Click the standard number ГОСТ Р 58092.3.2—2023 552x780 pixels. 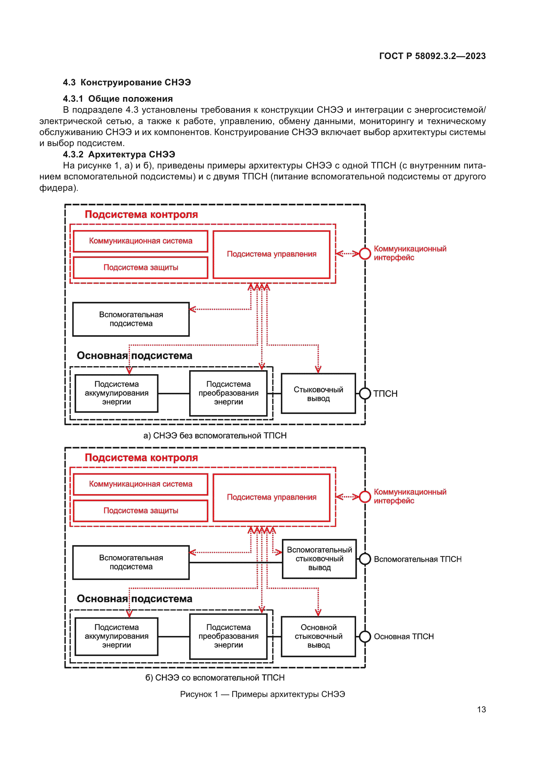[432, 56]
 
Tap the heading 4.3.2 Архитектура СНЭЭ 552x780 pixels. [118, 154]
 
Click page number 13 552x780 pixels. [481, 709]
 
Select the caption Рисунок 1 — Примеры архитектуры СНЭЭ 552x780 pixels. [262, 694]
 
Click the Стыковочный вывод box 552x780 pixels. [318, 394]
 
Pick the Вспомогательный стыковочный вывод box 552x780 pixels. [319, 559]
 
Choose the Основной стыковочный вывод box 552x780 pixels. [318, 636]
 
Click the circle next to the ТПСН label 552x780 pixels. [365, 394]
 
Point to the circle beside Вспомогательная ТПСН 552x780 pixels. [365, 559]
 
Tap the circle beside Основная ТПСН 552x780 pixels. [365, 636]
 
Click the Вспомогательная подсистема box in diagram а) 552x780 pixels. [131, 319]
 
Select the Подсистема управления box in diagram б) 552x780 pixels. [271, 497]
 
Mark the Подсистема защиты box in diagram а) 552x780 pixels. [141, 268]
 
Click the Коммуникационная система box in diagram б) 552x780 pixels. [141, 484]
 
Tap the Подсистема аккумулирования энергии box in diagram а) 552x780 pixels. [116, 393]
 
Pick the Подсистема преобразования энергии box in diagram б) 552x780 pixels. [228, 636]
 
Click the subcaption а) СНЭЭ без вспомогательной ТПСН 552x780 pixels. [215, 436]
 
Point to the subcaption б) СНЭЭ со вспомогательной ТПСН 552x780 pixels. [215, 678]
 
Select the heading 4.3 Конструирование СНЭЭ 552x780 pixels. [127, 83]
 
